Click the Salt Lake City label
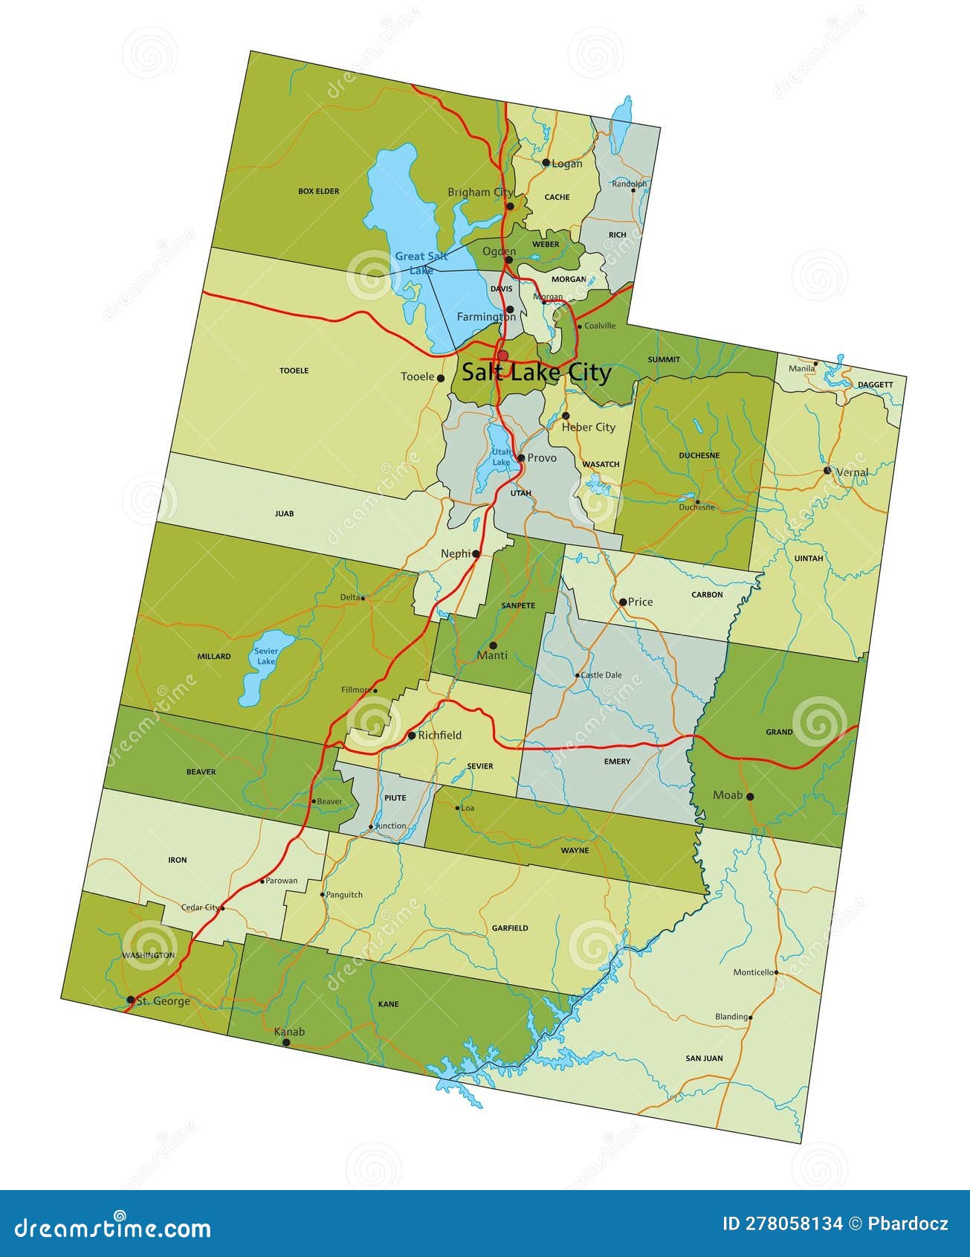[536, 373]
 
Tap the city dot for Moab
[750, 797]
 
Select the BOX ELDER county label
[318, 191]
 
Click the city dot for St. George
[131, 1000]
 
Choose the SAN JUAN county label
[704, 1058]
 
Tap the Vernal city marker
[827, 471]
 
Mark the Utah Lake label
[502, 457]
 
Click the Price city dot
[623, 602]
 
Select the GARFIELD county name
[510, 928]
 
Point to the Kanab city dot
[286, 1043]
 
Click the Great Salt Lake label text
[421, 263]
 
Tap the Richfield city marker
[412, 736]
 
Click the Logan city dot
[546, 163]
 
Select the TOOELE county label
[294, 370]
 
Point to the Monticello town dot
[776, 972]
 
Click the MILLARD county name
[214, 657]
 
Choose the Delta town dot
[363, 597]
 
